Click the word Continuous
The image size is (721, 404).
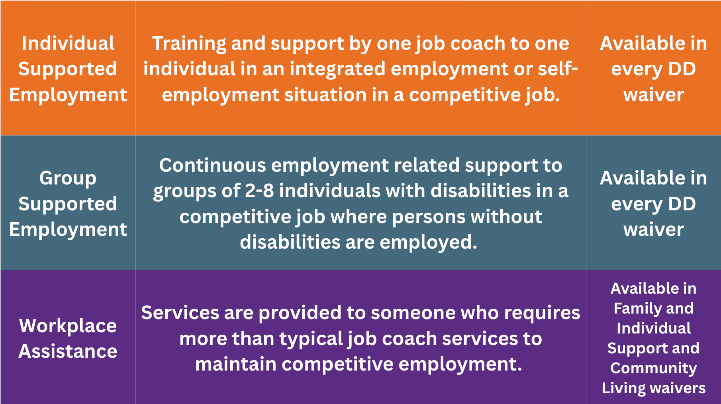[212, 165]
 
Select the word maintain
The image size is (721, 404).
[235, 364]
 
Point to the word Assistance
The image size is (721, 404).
[68, 351]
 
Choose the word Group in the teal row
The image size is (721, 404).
[68, 178]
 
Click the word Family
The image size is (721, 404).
[634, 309]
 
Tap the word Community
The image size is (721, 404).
[654, 369]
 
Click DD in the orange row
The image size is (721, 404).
[682, 69]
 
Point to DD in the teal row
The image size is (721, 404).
[682, 204]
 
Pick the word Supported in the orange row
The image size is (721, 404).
[68, 70]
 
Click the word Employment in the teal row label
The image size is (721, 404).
[68, 230]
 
